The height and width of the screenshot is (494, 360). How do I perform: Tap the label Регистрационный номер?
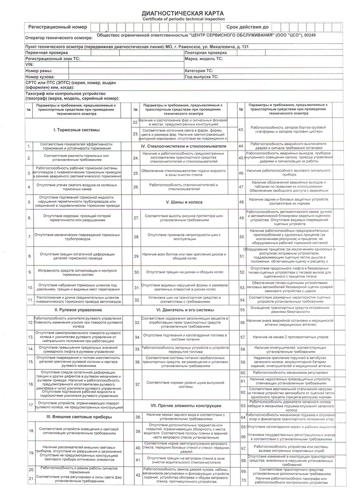pos(58,27)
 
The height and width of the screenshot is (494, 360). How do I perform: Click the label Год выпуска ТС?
pos(201,77)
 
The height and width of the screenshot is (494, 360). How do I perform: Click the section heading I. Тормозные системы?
pos(77,130)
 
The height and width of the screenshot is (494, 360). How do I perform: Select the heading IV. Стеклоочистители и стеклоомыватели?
pos(184,146)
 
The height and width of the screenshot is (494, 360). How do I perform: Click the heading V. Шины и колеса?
pos(184,202)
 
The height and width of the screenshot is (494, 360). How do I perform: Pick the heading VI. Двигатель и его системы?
pos(184,310)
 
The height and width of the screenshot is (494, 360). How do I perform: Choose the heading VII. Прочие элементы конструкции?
pos(184,406)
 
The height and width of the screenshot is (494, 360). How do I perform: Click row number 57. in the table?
pos(243,337)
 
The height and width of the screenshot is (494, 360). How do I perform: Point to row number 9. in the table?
pos(29,272)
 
